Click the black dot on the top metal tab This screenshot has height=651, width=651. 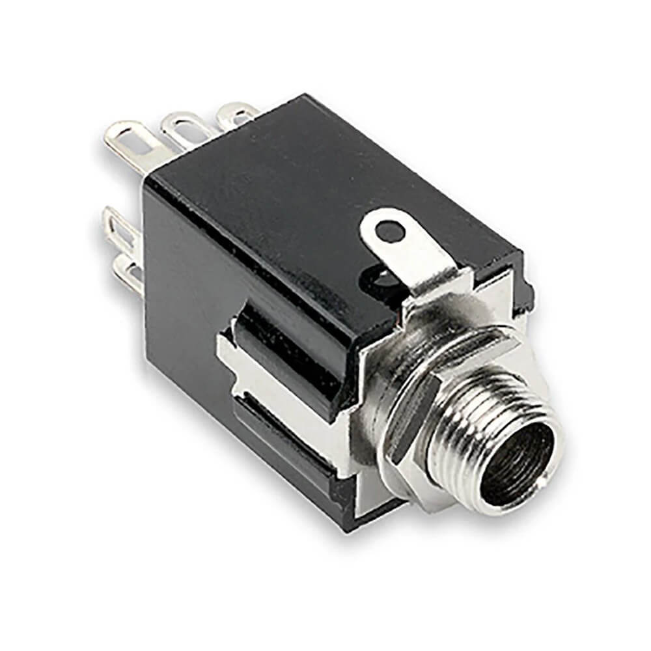point(389,230)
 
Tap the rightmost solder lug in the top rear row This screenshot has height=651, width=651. point(236,113)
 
